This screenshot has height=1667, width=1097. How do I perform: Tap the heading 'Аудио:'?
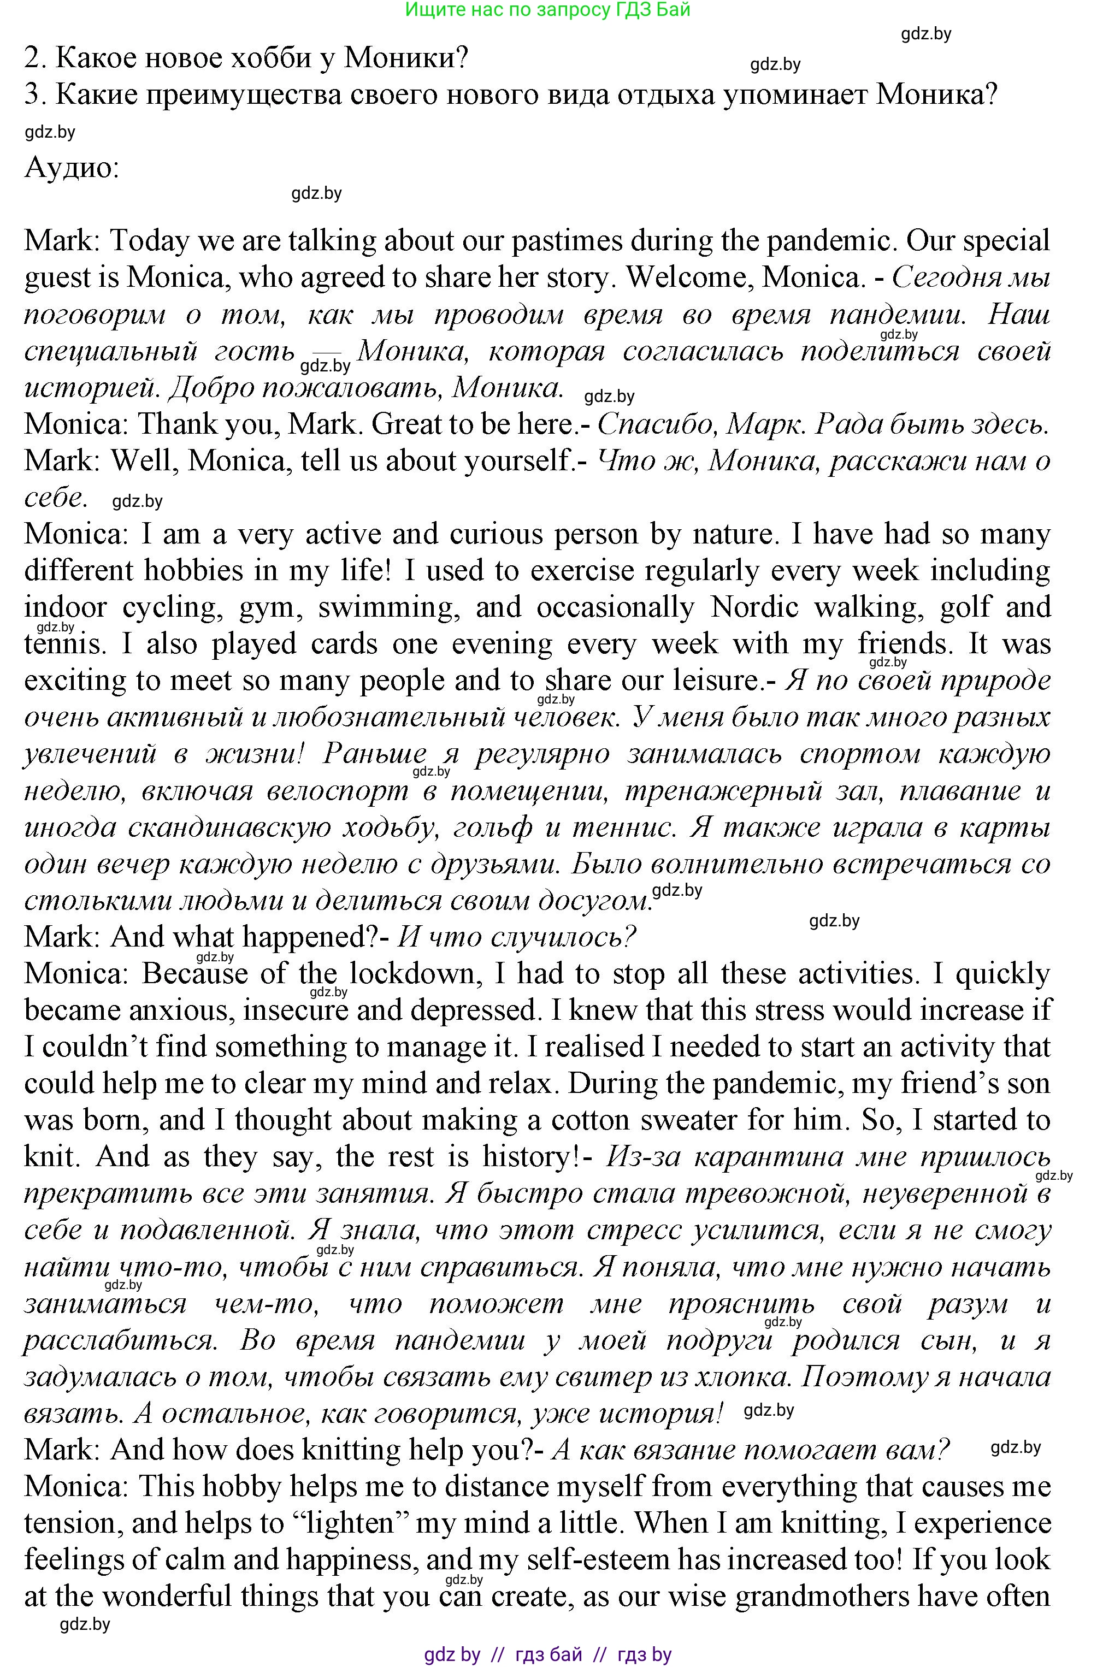click(72, 167)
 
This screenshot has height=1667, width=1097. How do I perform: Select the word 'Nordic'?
click(754, 607)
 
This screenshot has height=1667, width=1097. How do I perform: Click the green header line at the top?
click(548, 9)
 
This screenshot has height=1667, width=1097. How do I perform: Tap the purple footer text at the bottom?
click(548, 1654)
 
